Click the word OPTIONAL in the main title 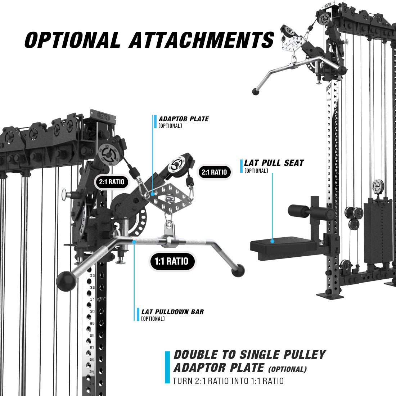click(x=72, y=40)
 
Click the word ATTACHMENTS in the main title click(x=202, y=40)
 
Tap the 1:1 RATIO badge click(x=172, y=261)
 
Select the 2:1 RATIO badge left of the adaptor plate click(x=112, y=182)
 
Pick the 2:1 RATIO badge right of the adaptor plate click(x=214, y=172)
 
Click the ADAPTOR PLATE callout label click(x=184, y=119)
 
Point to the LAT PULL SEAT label click(x=274, y=163)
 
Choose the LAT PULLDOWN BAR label click(x=172, y=312)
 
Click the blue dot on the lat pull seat click(x=272, y=241)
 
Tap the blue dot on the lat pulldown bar click(x=134, y=242)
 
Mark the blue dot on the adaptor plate click(x=153, y=194)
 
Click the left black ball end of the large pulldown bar click(x=66, y=281)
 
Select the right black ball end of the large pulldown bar click(x=238, y=270)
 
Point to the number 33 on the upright click(x=93, y=275)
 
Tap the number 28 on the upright click(x=92, y=336)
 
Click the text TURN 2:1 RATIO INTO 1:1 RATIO click(x=228, y=381)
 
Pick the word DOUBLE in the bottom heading click(x=196, y=355)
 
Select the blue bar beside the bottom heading click(x=167, y=367)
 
